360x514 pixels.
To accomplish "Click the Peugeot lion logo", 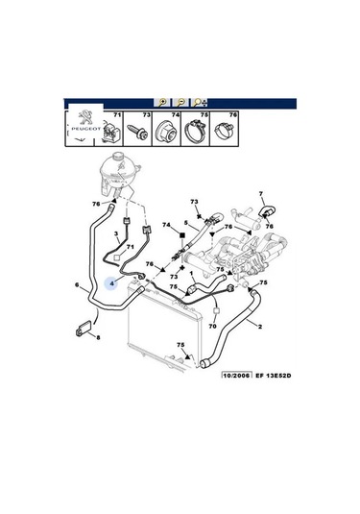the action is tap(85, 117).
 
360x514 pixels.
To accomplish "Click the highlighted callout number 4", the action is tap(112, 283).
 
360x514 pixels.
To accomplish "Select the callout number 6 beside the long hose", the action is tap(77, 285).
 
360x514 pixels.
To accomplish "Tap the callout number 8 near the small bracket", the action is tap(98, 336).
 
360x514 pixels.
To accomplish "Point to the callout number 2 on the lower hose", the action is tap(260, 326).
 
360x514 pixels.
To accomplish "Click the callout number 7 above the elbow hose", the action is tap(261, 194).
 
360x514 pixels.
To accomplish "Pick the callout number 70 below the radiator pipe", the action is tap(212, 326).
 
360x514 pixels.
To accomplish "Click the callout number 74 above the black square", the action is tap(166, 225).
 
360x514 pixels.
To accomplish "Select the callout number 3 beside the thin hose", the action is tap(115, 233).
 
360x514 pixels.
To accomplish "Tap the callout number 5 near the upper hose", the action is tap(185, 223).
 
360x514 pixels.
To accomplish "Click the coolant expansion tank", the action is tap(119, 173).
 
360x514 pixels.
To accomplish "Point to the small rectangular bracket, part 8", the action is tap(84, 329).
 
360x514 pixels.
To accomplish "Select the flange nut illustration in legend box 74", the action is tap(166, 132).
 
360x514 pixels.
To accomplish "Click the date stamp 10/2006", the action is tap(237, 375).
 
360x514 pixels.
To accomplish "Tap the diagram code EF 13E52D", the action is tap(274, 376).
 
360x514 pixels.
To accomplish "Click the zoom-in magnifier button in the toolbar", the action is tap(162, 103).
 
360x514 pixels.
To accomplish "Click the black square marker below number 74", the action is tap(182, 235).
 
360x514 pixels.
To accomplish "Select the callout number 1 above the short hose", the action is tap(191, 273).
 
